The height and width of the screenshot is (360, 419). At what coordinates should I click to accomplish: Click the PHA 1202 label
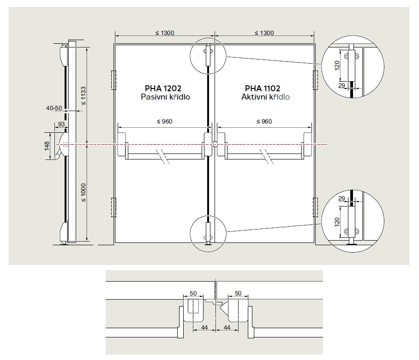click(163, 89)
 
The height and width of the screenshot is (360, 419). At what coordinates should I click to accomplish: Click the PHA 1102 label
click(263, 89)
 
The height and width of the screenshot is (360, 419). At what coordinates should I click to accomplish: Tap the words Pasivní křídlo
click(165, 97)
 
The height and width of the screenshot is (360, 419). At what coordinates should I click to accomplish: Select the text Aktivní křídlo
click(266, 97)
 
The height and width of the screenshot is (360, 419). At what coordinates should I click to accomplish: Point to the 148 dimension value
click(47, 146)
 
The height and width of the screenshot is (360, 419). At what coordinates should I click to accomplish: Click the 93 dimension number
click(61, 124)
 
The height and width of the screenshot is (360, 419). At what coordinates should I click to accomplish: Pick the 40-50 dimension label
click(54, 108)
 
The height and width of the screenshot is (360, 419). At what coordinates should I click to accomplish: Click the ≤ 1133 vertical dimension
click(84, 96)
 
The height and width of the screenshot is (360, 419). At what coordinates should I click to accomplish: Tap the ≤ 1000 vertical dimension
click(84, 193)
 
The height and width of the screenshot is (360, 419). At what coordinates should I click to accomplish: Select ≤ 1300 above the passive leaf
click(165, 33)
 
